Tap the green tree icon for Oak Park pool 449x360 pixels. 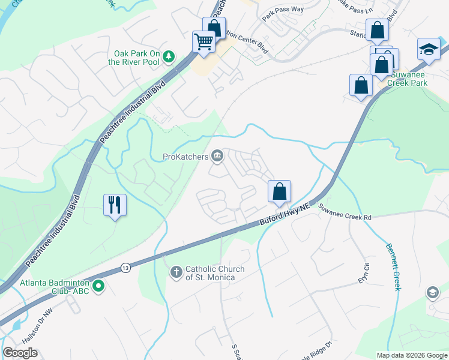[x=170, y=56]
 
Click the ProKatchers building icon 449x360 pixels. [x=217, y=157]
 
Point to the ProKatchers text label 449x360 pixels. [x=185, y=157]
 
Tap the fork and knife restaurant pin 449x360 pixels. [x=114, y=205]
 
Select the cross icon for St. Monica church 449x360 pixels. [x=176, y=273]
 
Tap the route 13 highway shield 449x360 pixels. [x=125, y=267]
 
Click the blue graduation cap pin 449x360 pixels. [x=429, y=49]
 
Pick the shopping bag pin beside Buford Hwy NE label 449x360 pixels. [x=279, y=191]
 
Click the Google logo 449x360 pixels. [x=20, y=353]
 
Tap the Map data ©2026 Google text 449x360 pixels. [x=411, y=355]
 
